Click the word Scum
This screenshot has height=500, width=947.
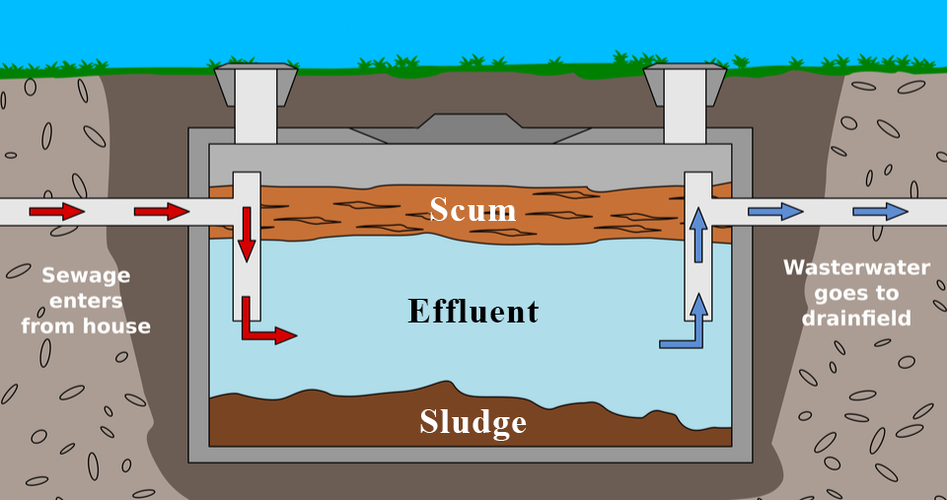tap(473, 209)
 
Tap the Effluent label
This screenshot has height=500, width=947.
tap(473, 312)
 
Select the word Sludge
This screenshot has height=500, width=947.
tap(473, 422)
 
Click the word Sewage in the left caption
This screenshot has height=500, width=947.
tap(86, 275)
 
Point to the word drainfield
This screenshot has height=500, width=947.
tap(855, 319)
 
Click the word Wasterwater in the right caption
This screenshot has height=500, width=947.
tap(855, 267)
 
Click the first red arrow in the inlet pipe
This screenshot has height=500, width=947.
tap(56, 211)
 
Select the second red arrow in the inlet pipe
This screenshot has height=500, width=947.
tap(161, 211)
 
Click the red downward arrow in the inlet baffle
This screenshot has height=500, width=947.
tap(247, 233)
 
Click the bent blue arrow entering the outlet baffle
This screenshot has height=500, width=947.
tap(687, 329)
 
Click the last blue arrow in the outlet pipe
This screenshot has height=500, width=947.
tap(880, 211)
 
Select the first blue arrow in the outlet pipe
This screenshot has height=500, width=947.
tap(775, 211)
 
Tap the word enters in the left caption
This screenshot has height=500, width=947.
tap(86, 300)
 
